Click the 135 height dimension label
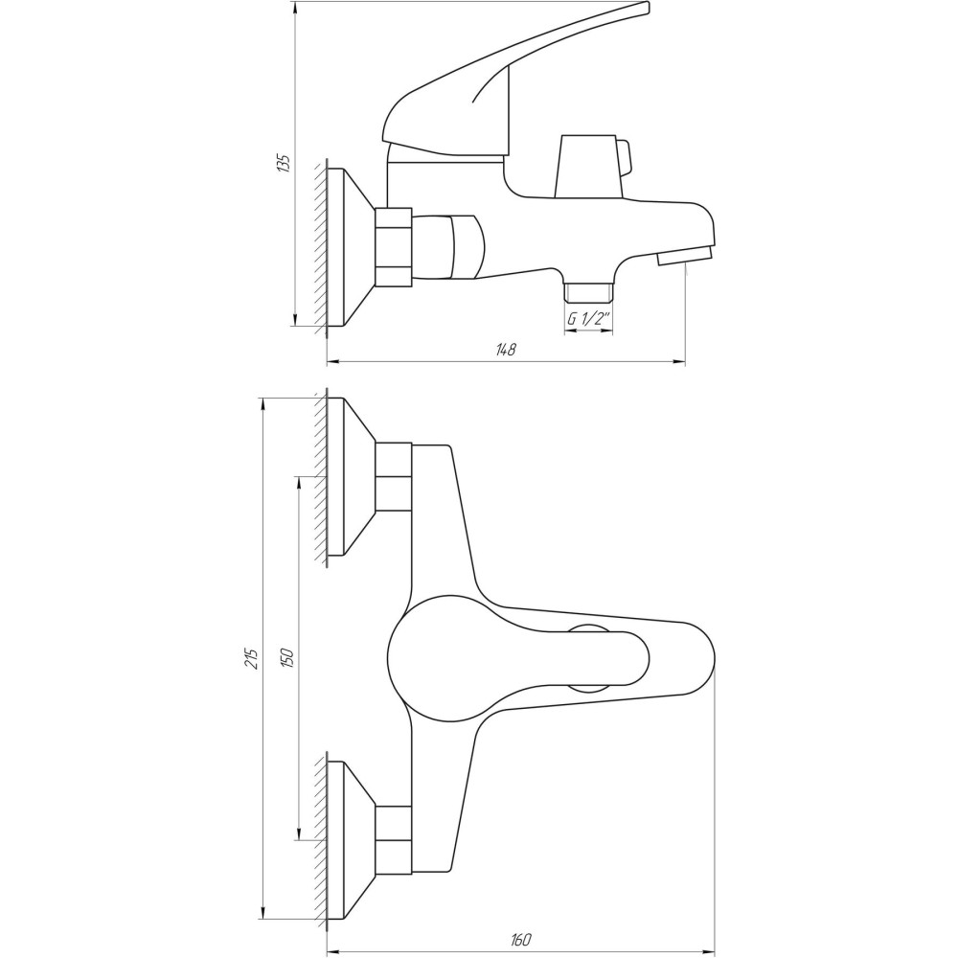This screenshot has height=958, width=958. tap(283, 163)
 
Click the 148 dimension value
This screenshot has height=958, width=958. tap(506, 350)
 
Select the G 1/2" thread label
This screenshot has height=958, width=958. tap(588, 319)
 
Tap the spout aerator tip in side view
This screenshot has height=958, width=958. tap(684, 256)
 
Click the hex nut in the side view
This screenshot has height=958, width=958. tap(393, 246)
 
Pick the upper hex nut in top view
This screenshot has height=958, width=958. tap(393, 476)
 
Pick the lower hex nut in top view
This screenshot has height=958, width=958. tap(393, 839)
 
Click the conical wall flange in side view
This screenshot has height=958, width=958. tap(350, 246)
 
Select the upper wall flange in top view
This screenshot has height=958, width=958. tap(350, 476)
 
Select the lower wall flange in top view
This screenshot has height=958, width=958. tap(350, 839)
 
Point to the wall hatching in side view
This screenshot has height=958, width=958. tap(319, 246)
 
